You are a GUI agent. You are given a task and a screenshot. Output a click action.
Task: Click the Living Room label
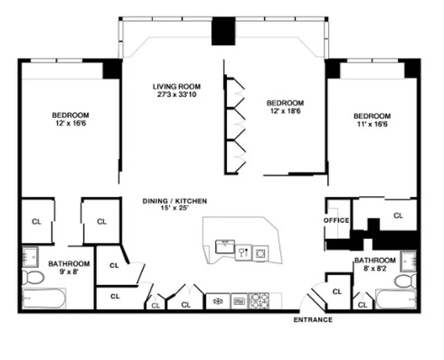(176, 86)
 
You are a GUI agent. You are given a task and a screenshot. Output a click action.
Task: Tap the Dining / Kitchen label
(175, 201)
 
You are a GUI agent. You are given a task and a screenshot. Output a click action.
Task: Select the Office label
(336, 220)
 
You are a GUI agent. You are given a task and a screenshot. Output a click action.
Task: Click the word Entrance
(313, 320)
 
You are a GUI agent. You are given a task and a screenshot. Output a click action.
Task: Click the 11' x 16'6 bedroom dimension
(372, 124)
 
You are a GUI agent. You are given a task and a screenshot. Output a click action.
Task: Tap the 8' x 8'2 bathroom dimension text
(375, 268)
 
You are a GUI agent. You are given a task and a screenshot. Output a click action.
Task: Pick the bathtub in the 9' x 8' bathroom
(44, 298)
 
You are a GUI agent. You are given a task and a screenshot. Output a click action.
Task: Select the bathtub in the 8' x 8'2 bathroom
(396, 299)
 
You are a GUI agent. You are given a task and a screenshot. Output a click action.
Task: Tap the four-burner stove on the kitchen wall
(260, 301)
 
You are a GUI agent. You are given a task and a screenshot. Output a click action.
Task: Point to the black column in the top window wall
(224, 31)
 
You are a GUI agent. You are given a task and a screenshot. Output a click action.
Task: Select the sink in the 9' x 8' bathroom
(30, 256)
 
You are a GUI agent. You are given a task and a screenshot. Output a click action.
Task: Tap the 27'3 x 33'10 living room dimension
(176, 94)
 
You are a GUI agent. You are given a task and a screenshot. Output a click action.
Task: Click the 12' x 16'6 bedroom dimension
(70, 123)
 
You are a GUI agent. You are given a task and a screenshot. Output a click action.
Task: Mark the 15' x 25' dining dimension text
(175, 208)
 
